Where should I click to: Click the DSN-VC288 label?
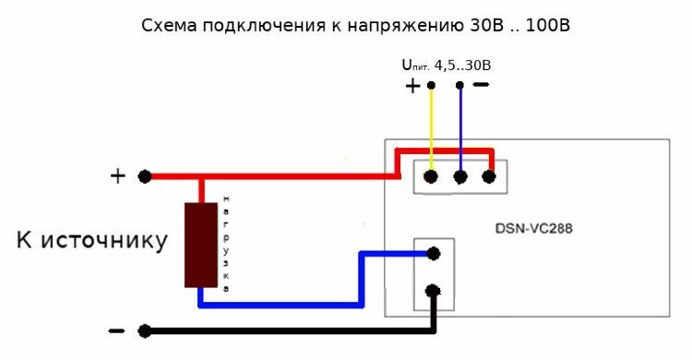pos(533,229)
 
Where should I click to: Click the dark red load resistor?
pos(201,246)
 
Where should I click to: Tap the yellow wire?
pos(431,130)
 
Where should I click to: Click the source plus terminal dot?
pos(145,176)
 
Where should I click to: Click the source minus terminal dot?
pos(145,330)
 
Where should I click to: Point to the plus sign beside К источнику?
pos(118,176)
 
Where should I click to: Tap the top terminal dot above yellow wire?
pos(431,85)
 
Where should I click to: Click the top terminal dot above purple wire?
pos(459,85)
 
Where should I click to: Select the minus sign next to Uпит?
pos(481,84)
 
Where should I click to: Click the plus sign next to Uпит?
pos(412,86)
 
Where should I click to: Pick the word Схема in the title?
pos(170,26)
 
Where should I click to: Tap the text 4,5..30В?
pos(462,66)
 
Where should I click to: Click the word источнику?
pos(104,241)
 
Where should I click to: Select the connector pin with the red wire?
pos(488,177)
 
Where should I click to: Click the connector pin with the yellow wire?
pos(431,177)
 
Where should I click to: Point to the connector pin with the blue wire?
pos(434,254)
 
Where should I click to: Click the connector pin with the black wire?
pos(433,291)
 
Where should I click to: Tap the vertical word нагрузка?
pos(226,245)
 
